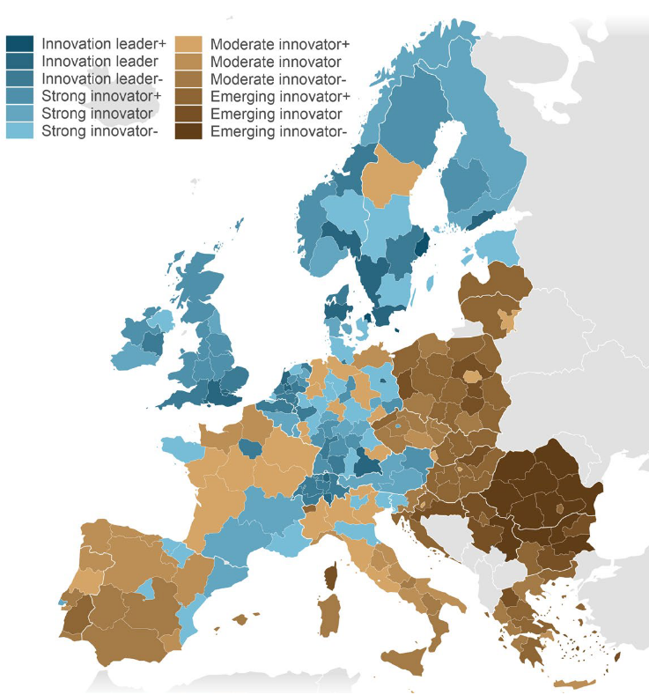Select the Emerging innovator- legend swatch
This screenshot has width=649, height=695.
pos(188,132)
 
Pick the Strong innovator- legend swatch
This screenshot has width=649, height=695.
pos(19,132)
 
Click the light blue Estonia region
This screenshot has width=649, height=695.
pos(498,246)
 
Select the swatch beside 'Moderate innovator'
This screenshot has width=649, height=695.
pos(188,62)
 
